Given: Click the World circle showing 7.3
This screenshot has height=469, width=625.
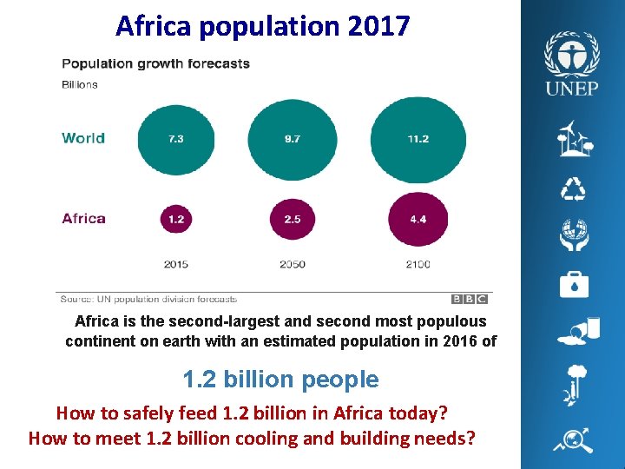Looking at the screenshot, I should pyautogui.click(x=176, y=139).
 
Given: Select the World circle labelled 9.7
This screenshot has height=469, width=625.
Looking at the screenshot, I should pyautogui.click(x=292, y=139).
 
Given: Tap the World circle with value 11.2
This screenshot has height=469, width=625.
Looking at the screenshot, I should pyautogui.click(x=418, y=139).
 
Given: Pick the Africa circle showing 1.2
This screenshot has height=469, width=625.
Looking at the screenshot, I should pyautogui.click(x=176, y=219).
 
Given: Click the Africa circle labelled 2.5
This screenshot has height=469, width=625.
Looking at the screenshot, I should pyautogui.click(x=292, y=219).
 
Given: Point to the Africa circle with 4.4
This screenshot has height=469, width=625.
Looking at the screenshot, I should pyautogui.click(x=418, y=219).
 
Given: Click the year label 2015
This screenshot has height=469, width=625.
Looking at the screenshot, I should pyautogui.click(x=176, y=264).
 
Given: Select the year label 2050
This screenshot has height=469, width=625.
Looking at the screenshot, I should pyautogui.click(x=293, y=264).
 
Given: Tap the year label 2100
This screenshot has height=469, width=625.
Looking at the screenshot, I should pyautogui.click(x=418, y=264).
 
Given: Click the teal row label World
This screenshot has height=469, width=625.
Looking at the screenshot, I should pyautogui.click(x=83, y=138).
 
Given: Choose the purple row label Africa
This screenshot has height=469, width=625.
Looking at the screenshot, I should pyautogui.click(x=83, y=218).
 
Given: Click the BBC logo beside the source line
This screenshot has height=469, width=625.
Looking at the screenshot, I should pyautogui.click(x=470, y=300).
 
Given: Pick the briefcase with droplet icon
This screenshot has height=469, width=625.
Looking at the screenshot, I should pyautogui.click(x=573, y=284).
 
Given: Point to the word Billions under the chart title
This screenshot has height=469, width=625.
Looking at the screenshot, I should pyautogui.click(x=80, y=84).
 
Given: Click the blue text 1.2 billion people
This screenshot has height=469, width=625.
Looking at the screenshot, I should pyautogui.click(x=280, y=380).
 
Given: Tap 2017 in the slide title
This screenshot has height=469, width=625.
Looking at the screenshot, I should pyautogui.click(x=378, y=26).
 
